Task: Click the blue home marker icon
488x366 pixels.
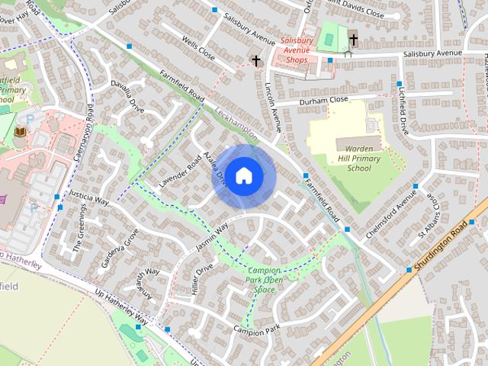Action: [243, 176]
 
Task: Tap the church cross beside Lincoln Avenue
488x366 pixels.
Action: [255, 60]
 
